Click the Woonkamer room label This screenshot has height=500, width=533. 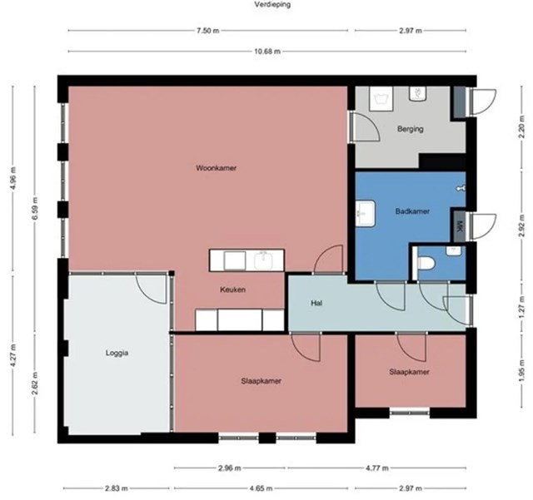(216, 168)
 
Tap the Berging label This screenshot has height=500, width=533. (411, 129)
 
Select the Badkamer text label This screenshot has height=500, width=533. (412, 211)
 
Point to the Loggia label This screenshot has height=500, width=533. (117, 353)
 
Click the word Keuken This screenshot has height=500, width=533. (233, 290)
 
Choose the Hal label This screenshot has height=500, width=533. (316, 303)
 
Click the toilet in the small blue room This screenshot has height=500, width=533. (426, 263)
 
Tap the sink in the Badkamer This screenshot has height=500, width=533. (366, 214)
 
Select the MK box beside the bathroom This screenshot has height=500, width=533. (461, 226)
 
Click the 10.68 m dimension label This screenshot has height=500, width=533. (267, 52)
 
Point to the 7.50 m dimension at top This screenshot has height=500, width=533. (207, 31)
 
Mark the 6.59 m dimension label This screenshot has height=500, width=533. (35, 208)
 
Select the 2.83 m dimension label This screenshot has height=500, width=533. (117, 488)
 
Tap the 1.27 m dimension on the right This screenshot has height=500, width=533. (521, 308)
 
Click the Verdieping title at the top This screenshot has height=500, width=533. (272, 4)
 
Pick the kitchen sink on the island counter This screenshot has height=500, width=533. (264, 261)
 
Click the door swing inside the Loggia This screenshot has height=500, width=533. (152, 289)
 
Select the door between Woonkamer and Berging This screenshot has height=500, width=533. (365, 126)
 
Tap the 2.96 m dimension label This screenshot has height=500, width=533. (229, 468)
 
